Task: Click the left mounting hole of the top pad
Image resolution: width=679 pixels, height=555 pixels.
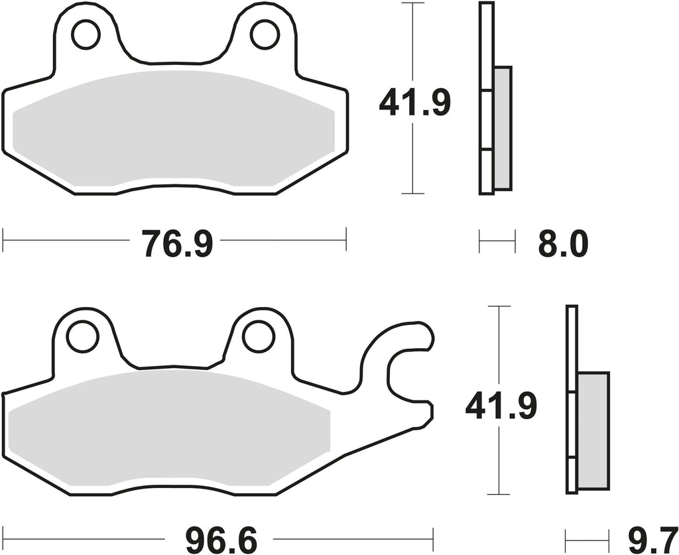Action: (86, 35)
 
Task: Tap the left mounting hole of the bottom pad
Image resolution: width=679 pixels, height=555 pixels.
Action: (82, 336)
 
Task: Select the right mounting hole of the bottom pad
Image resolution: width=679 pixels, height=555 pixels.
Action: (259, 336)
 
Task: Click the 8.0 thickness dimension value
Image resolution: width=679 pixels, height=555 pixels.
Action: (563, 244)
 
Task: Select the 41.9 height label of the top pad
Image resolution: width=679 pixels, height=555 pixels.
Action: (414, 103)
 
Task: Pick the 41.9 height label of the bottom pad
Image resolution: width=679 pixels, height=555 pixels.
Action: (501, 406)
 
